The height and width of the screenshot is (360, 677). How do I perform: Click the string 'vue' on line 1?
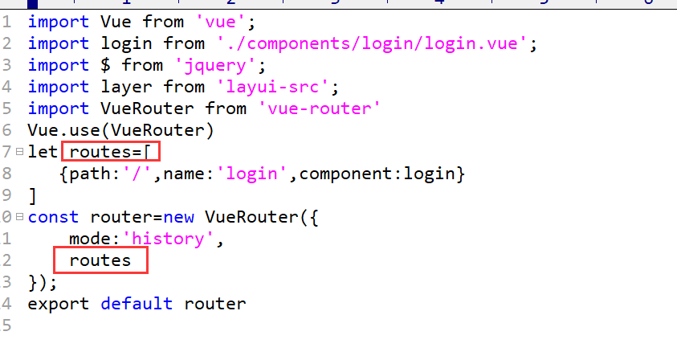click(216, 22)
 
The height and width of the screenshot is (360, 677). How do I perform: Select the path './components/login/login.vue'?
click(371, 43)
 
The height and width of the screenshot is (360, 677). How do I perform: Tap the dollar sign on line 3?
click(105, 65)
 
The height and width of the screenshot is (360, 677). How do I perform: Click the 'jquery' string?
click(215, 66)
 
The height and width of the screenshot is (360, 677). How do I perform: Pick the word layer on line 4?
click(126, 87)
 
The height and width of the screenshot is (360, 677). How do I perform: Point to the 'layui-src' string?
click(272, 87)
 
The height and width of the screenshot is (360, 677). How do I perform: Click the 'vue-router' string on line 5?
click(320, 108)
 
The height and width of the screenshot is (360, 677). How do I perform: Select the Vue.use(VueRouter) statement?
click(120, 130)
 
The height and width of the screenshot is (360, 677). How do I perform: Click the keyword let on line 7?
click(43, 152)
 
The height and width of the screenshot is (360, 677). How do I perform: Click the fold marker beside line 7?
click(19, 152)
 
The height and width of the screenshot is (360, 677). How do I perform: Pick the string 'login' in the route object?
click(251, 174)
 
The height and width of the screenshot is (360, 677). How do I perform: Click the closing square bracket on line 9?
click(32, 195)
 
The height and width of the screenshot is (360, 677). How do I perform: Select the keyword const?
click(53, 217)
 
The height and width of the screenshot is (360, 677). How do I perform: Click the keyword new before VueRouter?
click(179, 217)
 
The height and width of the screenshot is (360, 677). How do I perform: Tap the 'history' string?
click(168, 239)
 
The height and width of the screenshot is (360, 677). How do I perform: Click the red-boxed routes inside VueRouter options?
click(100, 260)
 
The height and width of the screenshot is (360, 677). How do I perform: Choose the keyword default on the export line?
click(137, 304)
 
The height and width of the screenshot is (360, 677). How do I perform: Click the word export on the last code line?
click(59, 305)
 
